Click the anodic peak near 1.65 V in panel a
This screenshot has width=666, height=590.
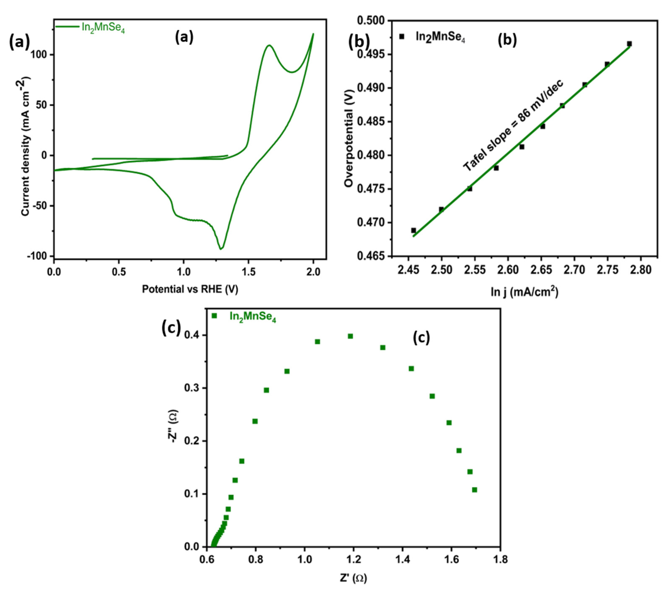pos(269,45)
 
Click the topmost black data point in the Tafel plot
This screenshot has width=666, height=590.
pos(629,44)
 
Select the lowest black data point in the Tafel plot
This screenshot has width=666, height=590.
pos(414,230)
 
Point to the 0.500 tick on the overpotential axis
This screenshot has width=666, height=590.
pos(373,21)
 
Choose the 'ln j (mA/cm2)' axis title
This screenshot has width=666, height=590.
pos(524,292)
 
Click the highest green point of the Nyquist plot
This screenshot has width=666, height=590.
pos(350,336)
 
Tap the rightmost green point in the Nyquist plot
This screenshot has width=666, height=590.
pos(475,490)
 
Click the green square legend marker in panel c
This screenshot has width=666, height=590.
pos(214,316)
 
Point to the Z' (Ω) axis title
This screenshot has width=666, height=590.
pos(353,578)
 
